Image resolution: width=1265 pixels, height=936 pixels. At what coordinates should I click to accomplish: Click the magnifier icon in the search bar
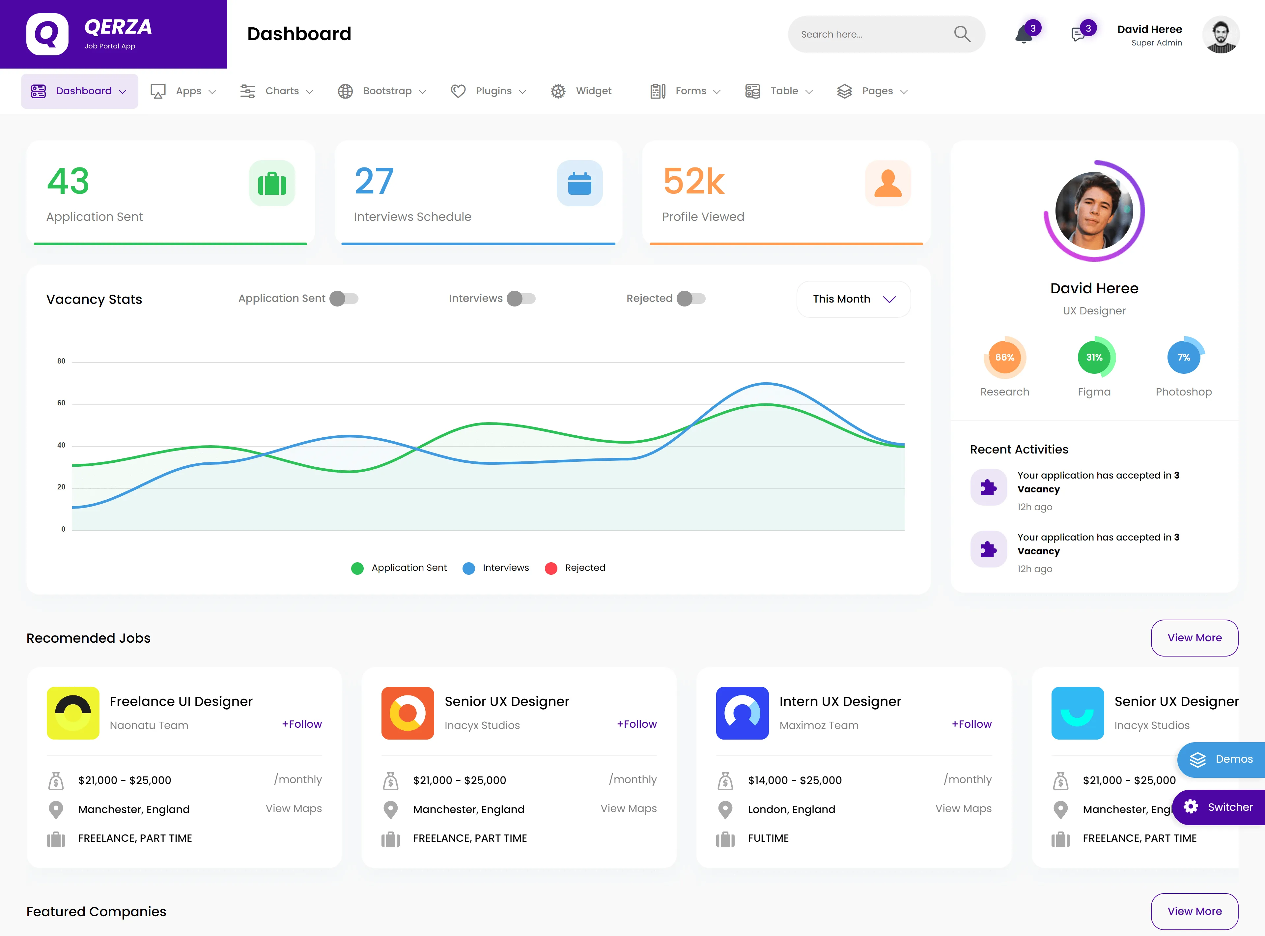(x=962, y=34)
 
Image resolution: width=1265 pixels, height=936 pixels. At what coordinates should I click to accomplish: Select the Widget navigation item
(x=581, y=91)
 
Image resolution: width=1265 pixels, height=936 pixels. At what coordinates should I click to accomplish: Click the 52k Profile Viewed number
(x=694, y=181)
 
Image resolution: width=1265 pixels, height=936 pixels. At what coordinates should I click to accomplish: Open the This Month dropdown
(x=853, y=299)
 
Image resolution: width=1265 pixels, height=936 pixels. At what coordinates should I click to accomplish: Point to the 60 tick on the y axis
(x=61, y=403)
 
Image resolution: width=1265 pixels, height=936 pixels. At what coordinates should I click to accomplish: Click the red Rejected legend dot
(x=551, y=568)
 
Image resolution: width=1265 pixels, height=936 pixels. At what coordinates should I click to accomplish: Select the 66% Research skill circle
(x=1004, y=358)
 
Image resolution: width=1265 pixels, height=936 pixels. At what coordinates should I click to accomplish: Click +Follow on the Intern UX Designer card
(x=972, y=724)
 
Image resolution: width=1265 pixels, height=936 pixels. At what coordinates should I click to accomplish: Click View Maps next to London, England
(x=963, y=808)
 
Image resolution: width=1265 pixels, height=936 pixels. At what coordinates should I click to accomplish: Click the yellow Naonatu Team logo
(x=73, y=713)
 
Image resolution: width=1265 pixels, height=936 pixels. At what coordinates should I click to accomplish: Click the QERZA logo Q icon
(x=47, y=34)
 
